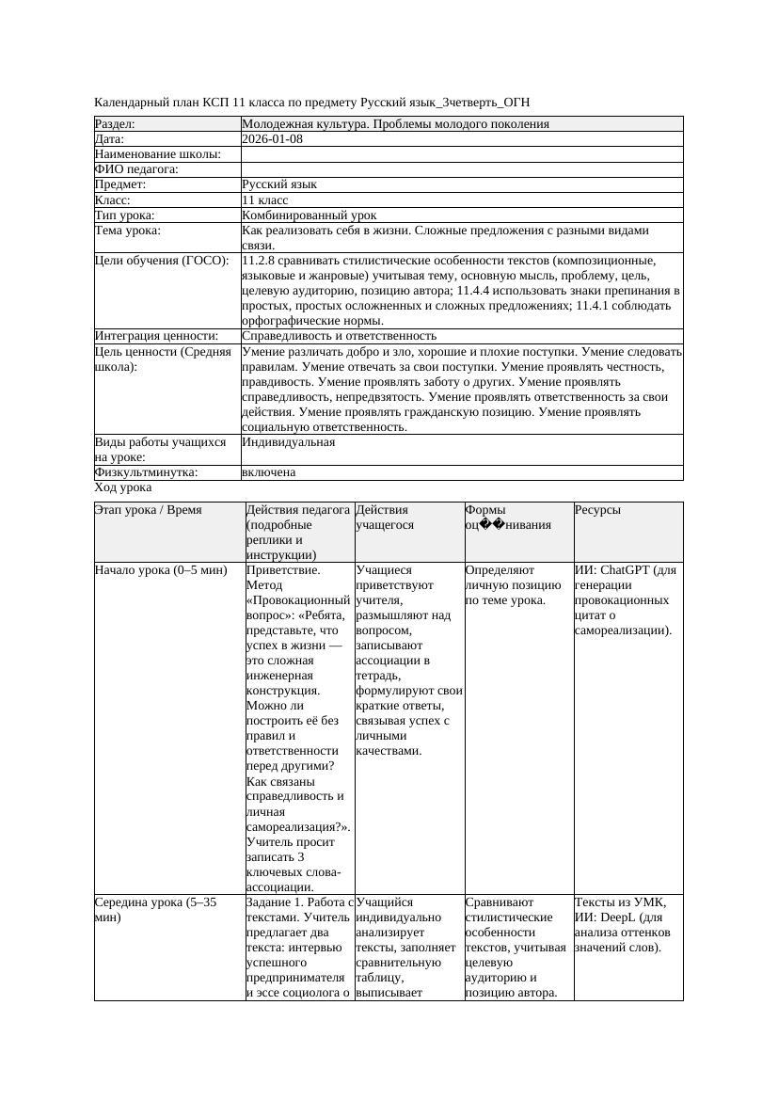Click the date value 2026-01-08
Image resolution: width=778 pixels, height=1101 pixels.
272,139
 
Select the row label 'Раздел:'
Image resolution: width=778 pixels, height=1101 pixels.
116,124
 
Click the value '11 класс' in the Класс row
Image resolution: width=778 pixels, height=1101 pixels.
264,200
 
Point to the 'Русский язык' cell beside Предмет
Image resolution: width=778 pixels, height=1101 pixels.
279,185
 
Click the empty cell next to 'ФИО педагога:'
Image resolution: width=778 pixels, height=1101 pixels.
461,169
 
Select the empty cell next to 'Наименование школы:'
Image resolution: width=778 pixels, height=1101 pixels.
461,154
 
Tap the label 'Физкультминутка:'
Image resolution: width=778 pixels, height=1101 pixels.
146,472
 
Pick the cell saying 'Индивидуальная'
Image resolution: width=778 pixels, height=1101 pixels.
288,441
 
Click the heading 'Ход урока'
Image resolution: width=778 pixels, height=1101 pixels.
122,487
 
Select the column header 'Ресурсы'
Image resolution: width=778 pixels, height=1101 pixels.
597,510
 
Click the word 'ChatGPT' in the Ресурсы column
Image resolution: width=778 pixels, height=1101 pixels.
626,570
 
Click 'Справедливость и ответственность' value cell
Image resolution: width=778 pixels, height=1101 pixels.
339,336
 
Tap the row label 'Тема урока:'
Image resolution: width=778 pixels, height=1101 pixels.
128,231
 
